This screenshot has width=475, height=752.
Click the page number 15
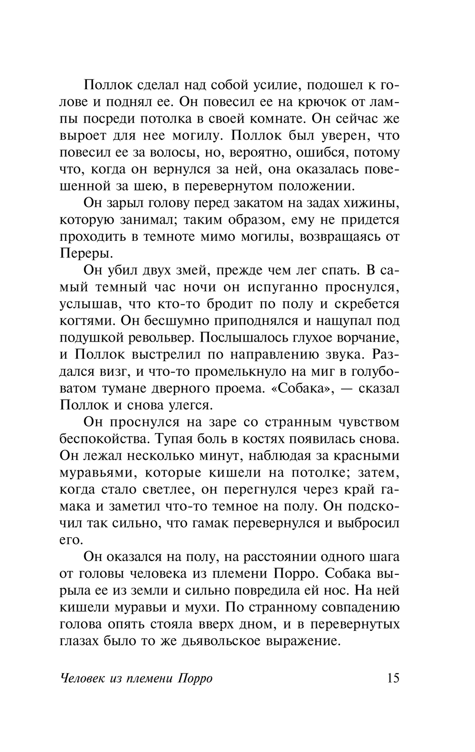[x=393, y=677]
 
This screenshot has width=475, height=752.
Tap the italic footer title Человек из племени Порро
[x=137, y=678]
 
